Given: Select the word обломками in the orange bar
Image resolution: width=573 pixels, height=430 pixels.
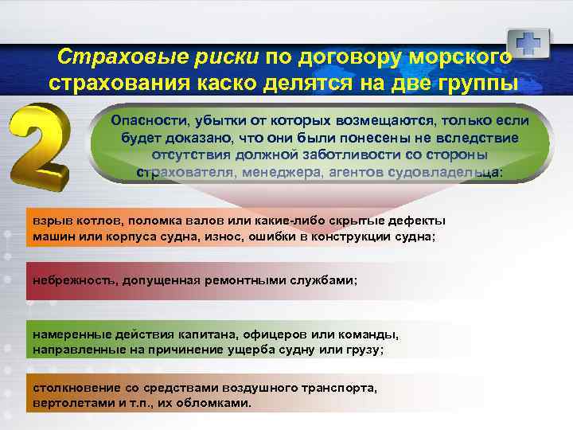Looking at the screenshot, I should (x=215, y=403).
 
